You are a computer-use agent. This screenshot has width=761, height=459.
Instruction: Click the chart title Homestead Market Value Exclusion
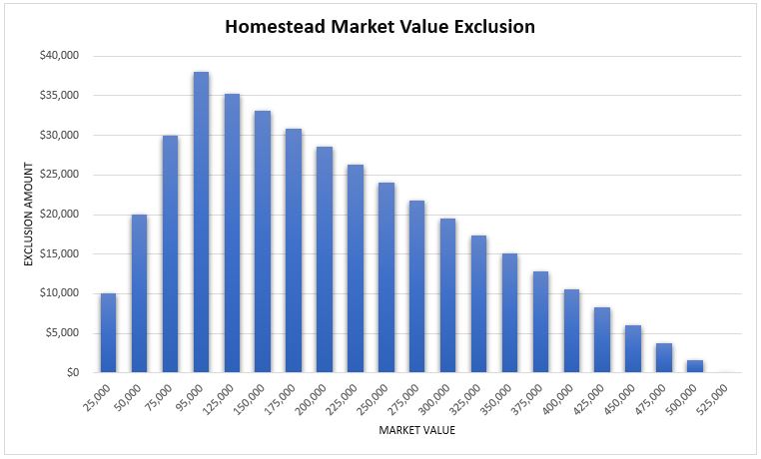(380, 27)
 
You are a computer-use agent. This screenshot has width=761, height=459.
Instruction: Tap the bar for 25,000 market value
(108, 333)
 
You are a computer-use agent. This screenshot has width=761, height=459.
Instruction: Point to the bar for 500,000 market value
(695, 366)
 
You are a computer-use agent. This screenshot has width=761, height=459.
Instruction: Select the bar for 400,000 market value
(571, 331)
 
